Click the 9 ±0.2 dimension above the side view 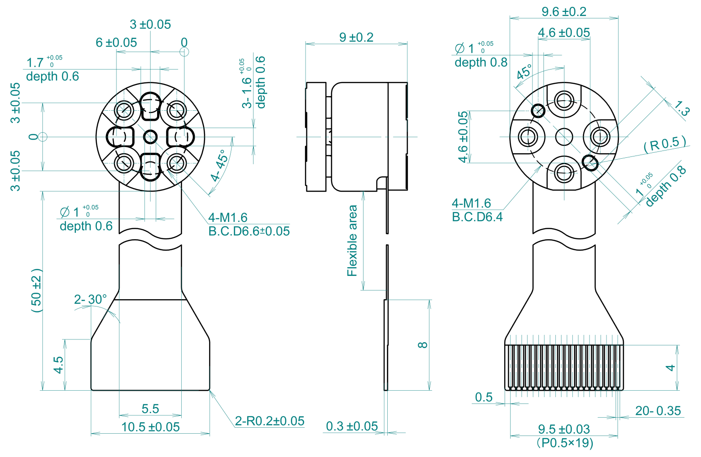[x=356, y=37]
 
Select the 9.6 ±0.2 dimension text [x=564, y=11]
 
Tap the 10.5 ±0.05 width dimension [x=150, y=427]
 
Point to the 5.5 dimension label [x=150, y=409]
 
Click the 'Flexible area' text [x=352, y=241]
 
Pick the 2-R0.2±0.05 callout [x=269, y=421]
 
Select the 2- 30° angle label [x=90, y=299]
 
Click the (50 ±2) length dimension [x=37, y=290]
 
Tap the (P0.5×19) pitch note [x=564, y=443]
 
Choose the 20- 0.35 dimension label [x=658, y=411]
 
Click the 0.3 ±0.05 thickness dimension [x=352, y=426]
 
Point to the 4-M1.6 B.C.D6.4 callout [x=477, y=210]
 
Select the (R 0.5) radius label [x=664, y=144]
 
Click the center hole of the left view [x=150, y=136]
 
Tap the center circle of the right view [x=564, y=136]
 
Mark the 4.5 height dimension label [x=58, y=365]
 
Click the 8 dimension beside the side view [x=423, y=345]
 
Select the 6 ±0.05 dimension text [x=116, y=43]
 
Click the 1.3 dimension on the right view [x=681, y=108]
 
